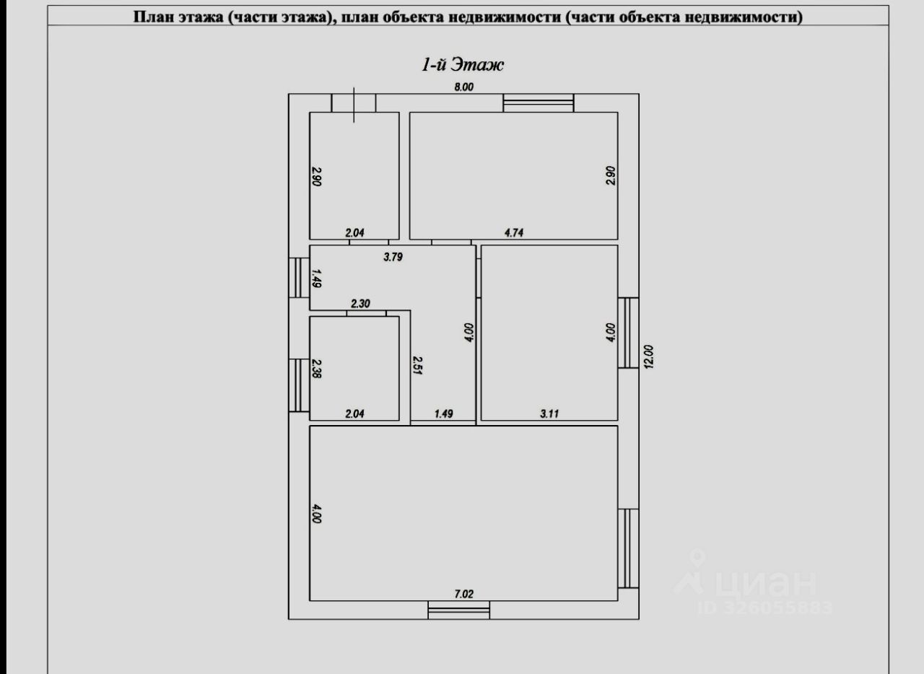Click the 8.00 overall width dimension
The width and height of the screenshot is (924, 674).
coord(463,87)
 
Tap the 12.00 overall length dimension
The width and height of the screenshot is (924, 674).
coord(648,356)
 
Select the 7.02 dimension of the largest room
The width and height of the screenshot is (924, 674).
coord(463,593)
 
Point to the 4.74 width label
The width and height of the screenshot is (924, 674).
coord(513,232)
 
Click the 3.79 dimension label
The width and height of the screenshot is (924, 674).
coord(392,255)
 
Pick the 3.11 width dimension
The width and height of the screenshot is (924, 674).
coord(549,413)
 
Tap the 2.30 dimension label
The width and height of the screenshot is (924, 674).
coord(360,304)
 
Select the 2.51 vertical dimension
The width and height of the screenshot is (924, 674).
coord(417,367)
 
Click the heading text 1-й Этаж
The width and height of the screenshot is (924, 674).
coord(463,65)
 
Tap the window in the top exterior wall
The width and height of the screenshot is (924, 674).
coord(538,102)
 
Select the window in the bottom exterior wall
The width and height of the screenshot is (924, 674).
coord(458,610)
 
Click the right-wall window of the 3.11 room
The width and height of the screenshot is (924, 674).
coord(629,333)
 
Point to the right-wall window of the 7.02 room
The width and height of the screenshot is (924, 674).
coord(629,548)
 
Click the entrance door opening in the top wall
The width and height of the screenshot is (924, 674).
coord(354,102)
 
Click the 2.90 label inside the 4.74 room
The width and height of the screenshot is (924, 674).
coord(610,176)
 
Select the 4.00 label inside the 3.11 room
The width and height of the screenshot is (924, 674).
coord(610,332)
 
